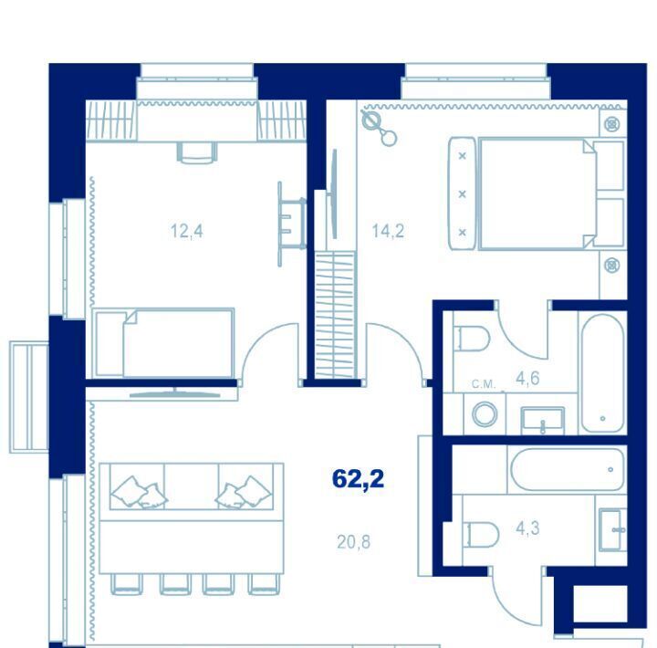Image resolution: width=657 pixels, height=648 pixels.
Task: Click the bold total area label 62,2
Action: click(x=358, y=479)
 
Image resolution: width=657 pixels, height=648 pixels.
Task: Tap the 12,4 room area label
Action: click(x=186, y=231)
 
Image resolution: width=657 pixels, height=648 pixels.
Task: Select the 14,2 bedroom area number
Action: click(x=388, y=231)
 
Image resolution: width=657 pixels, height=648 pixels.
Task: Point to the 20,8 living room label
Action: click(x=354, y=542)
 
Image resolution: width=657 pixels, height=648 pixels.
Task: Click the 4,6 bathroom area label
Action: click(x=527, y=379)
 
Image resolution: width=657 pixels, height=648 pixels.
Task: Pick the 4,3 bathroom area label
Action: click(x=527, y=528)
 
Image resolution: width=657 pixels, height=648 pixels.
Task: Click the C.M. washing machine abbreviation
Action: click(x=484, y=384)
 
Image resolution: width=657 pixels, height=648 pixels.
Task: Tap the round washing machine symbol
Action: click(x=485, y=414)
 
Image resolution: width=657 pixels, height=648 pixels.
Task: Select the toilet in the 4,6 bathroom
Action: click(x=473, y=339)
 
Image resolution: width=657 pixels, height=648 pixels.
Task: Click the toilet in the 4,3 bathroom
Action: click(x=482, y=535)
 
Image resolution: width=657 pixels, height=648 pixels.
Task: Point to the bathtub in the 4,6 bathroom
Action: click(x=603, y=373)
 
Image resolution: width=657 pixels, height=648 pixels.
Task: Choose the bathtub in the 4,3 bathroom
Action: click(x=568, y=469)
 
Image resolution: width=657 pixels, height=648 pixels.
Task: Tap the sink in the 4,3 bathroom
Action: click(x=612, y=530)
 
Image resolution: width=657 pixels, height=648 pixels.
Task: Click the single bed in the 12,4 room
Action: click(x=163, y=343)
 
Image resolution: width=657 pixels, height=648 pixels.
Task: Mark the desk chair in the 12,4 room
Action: click(x=197, y=152)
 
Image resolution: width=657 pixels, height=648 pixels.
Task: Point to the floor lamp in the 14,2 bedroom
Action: click(x=379, y=129)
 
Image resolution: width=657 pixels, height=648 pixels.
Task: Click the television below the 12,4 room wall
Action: click(x=174, y=392)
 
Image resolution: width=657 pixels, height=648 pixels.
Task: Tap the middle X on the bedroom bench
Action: click(x=462, y=194)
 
